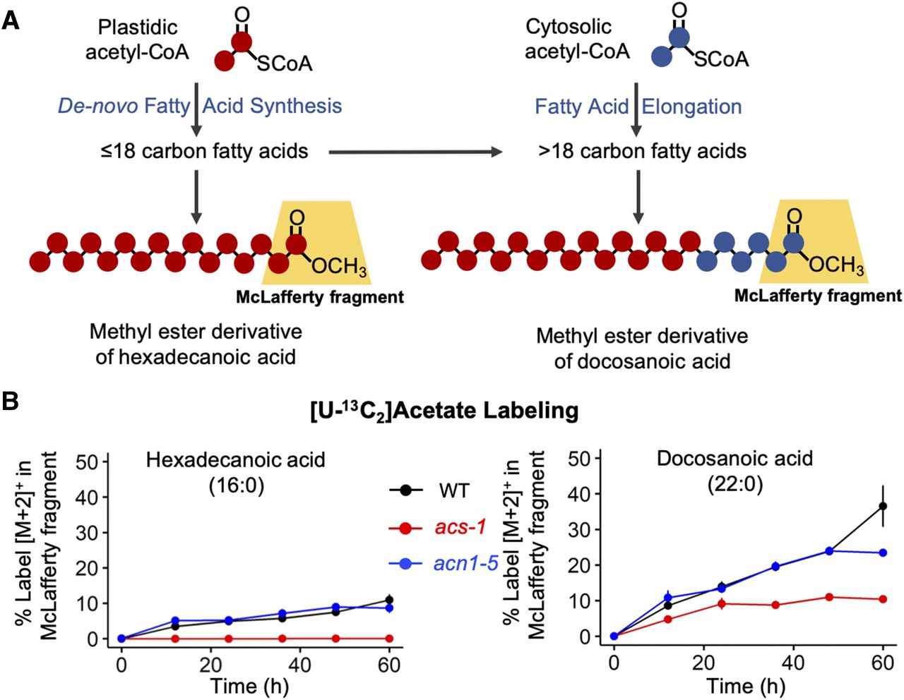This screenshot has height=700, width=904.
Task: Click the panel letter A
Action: [x=11, y=20]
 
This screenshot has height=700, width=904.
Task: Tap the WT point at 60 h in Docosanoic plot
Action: [x=882, y=506]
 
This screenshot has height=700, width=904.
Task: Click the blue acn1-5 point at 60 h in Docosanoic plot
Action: [x=882, y=553]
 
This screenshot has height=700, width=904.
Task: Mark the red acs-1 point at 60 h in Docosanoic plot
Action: [x=882, y=599]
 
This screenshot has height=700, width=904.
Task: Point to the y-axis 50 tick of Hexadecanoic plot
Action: [x=91, y=462]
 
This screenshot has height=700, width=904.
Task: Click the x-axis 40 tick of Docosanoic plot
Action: [x=792, y=663]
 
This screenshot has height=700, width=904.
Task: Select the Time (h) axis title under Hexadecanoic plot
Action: [x=249, y=686]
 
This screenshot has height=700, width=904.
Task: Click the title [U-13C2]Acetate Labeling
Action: [x=444, y=411]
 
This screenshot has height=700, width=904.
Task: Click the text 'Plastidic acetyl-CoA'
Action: [x=138, y=40]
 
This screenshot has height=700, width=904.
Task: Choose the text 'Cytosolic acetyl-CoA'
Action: [x=576, y=39]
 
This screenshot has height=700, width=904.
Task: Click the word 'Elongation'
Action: [x=691, y=107]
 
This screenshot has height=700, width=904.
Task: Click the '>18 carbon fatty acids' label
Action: [x=642, y=151]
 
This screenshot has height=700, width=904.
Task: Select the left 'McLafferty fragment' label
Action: [x=320, y=297]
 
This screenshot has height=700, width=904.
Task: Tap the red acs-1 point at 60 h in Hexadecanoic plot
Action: [x=389, y=638]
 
